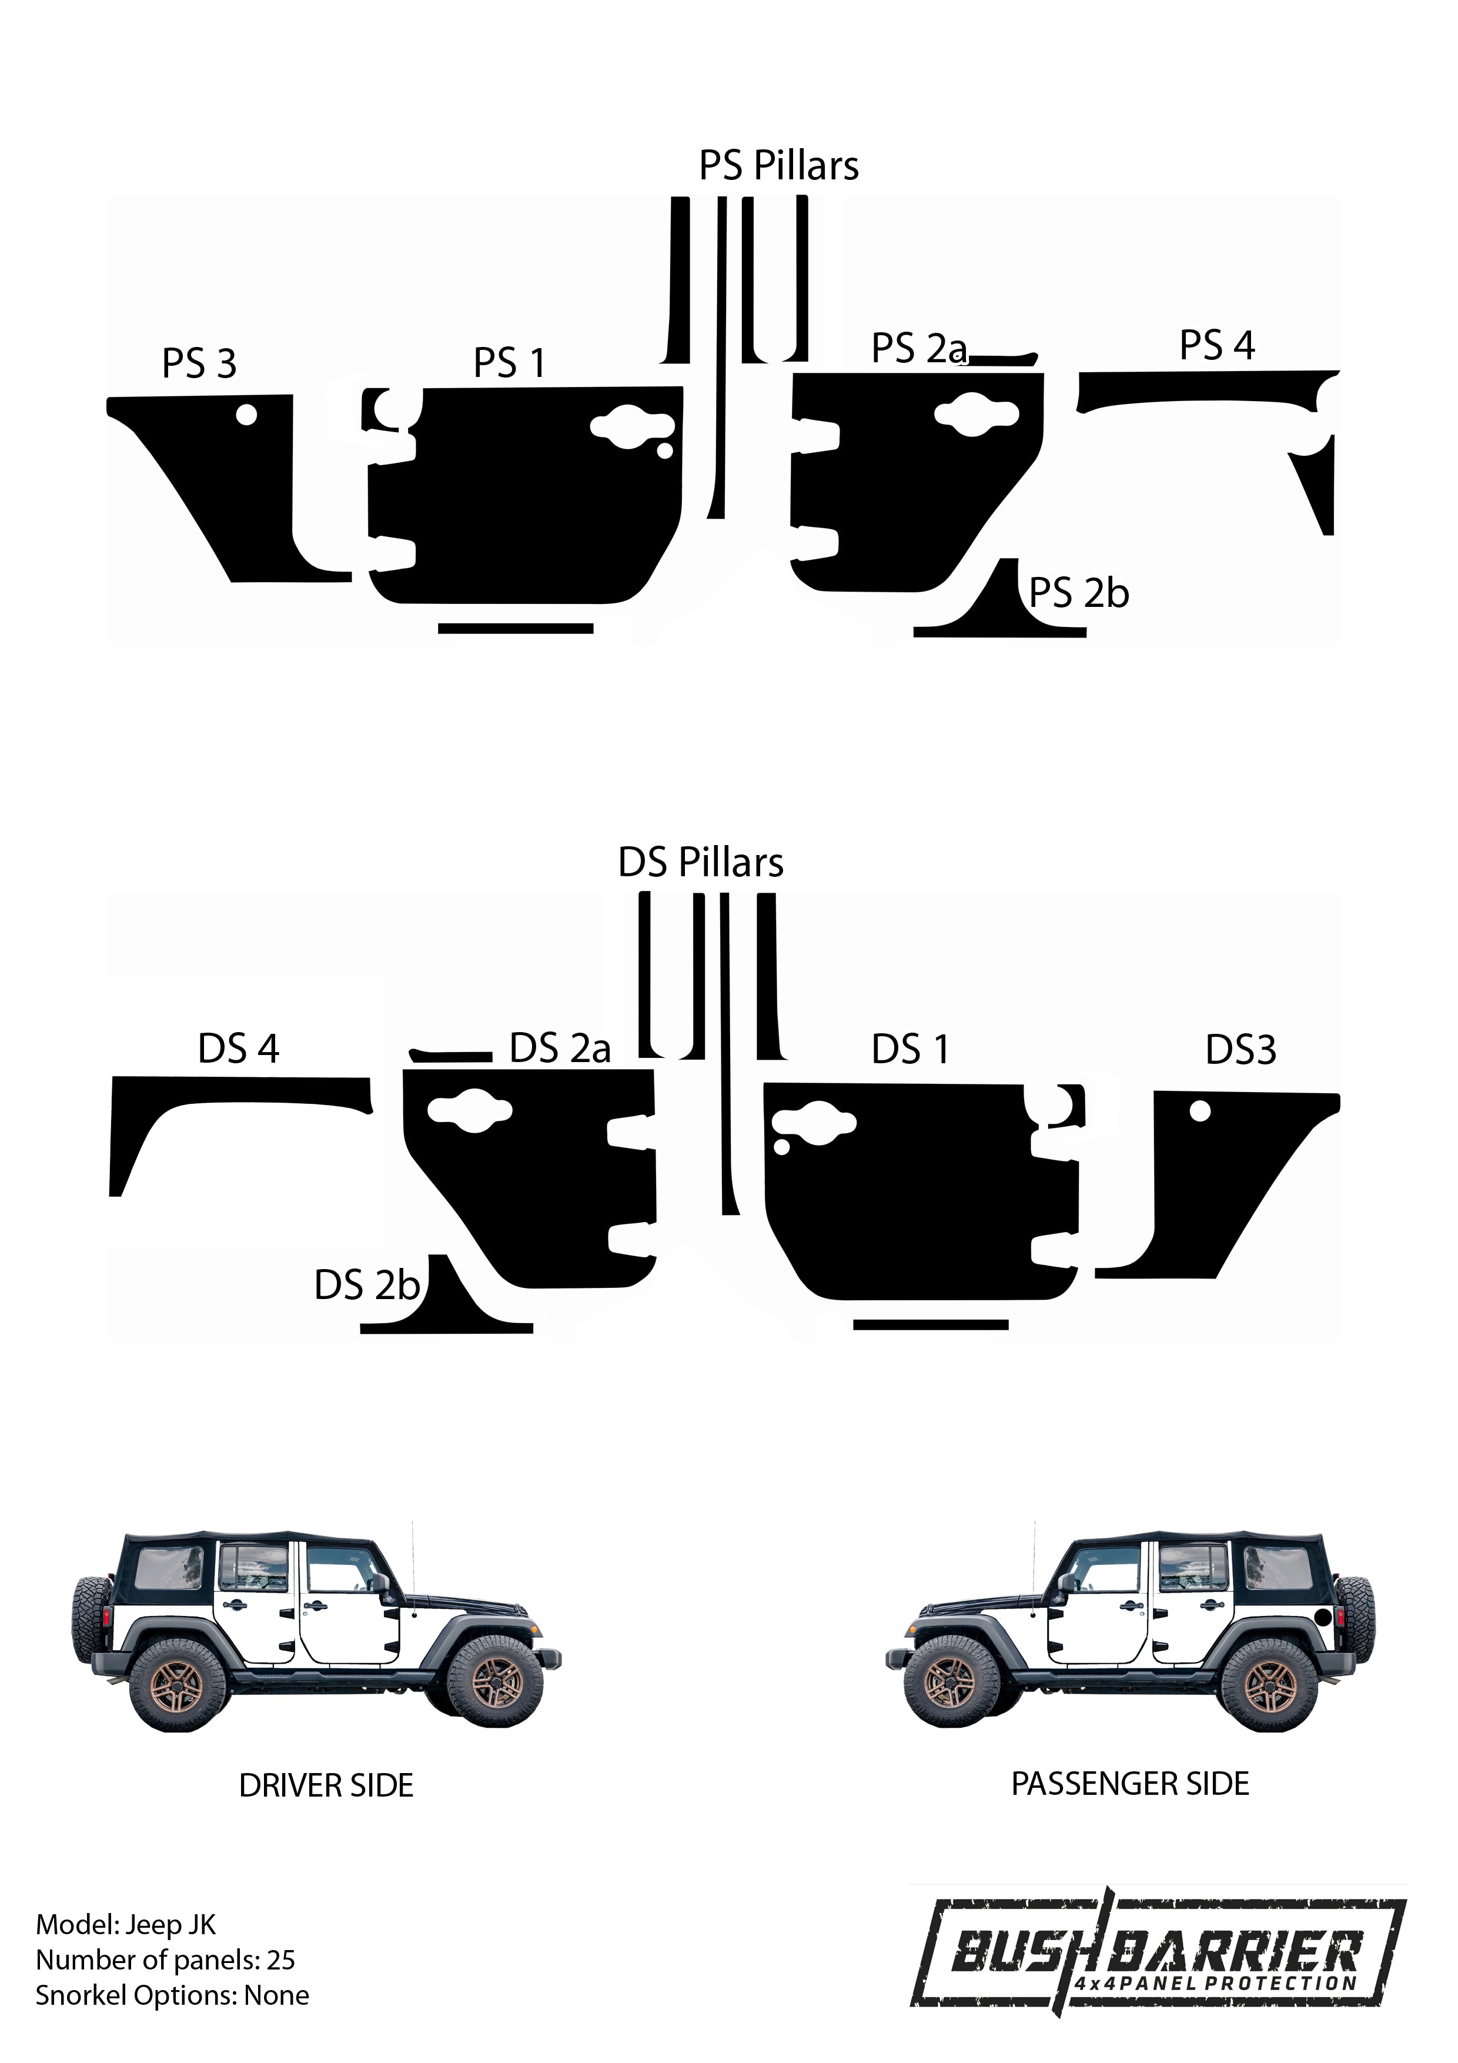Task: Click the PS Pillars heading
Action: point(779,166)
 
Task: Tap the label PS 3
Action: point(199,364)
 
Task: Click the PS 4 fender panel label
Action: point(1216,345)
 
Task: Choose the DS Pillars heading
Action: point(701,863)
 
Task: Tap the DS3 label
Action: point(1240,1050)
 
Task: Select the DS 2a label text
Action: point(560,1049)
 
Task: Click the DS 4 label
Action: point(238,1049)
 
